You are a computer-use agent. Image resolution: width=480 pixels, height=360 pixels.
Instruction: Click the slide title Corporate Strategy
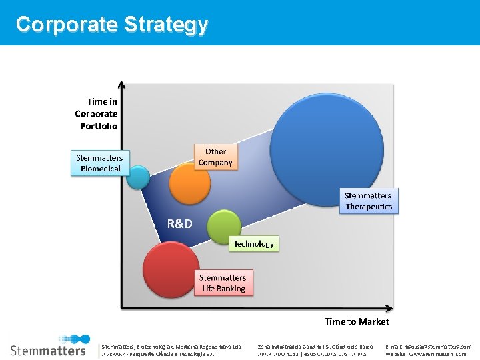[112, 25]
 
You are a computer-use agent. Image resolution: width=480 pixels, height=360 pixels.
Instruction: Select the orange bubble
[189, 184]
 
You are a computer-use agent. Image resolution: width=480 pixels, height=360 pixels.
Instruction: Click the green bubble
[224, 227]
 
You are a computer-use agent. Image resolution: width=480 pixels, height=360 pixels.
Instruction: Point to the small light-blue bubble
[139, 177]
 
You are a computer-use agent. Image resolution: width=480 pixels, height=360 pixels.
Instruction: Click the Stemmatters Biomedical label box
[101, 163]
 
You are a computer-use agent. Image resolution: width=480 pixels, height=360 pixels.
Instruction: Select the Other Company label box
[215, 157]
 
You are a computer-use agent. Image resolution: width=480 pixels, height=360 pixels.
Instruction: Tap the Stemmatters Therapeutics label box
[369, 201]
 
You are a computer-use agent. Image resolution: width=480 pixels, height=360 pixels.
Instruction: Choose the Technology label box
[253, 244]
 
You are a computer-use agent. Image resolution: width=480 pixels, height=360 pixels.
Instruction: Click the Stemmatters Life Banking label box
[223, 283]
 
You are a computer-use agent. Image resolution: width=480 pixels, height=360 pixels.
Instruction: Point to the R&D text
[179, 224]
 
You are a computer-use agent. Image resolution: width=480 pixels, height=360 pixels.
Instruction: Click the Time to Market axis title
[357, 322]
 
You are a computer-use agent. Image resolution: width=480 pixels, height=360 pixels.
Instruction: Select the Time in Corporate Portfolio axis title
[97, 114]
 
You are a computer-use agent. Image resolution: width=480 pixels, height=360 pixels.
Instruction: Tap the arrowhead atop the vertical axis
[121, 85]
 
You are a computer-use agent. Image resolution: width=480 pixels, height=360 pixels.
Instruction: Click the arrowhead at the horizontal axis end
[391, 308]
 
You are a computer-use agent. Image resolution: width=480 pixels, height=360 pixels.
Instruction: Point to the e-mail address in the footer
[427, 347]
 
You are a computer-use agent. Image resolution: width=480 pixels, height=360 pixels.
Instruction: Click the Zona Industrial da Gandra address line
[315, 347]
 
